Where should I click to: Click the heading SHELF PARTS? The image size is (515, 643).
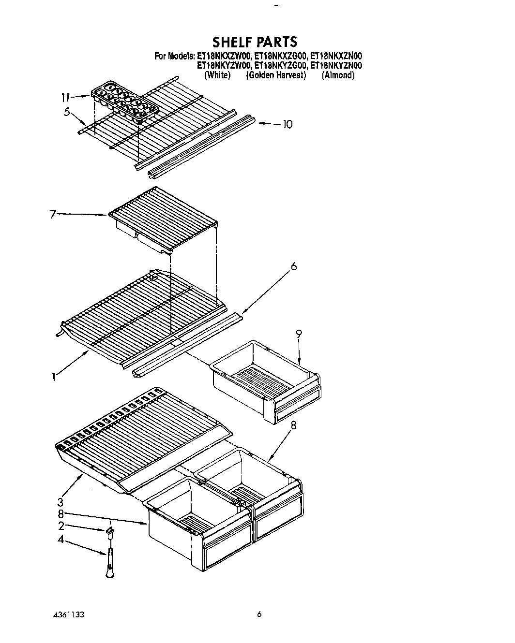pos(255,42)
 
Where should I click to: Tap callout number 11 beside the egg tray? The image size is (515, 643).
pos(65,97)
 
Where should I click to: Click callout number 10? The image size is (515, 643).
pos(287,124)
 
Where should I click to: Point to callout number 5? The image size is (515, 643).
pos(67,113)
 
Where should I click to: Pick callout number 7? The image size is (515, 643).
pos(53,214)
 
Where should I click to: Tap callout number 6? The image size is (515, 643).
pos(294,266)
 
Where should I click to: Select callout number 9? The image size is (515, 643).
pos(299,333)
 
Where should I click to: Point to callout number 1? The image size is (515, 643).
pos(55,376)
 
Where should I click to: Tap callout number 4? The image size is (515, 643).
pos(61,539)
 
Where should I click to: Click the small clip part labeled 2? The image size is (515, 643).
pos(110,531)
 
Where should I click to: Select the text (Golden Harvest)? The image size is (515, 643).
pos(276,75)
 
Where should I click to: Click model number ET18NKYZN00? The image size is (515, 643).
pos(336,65)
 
